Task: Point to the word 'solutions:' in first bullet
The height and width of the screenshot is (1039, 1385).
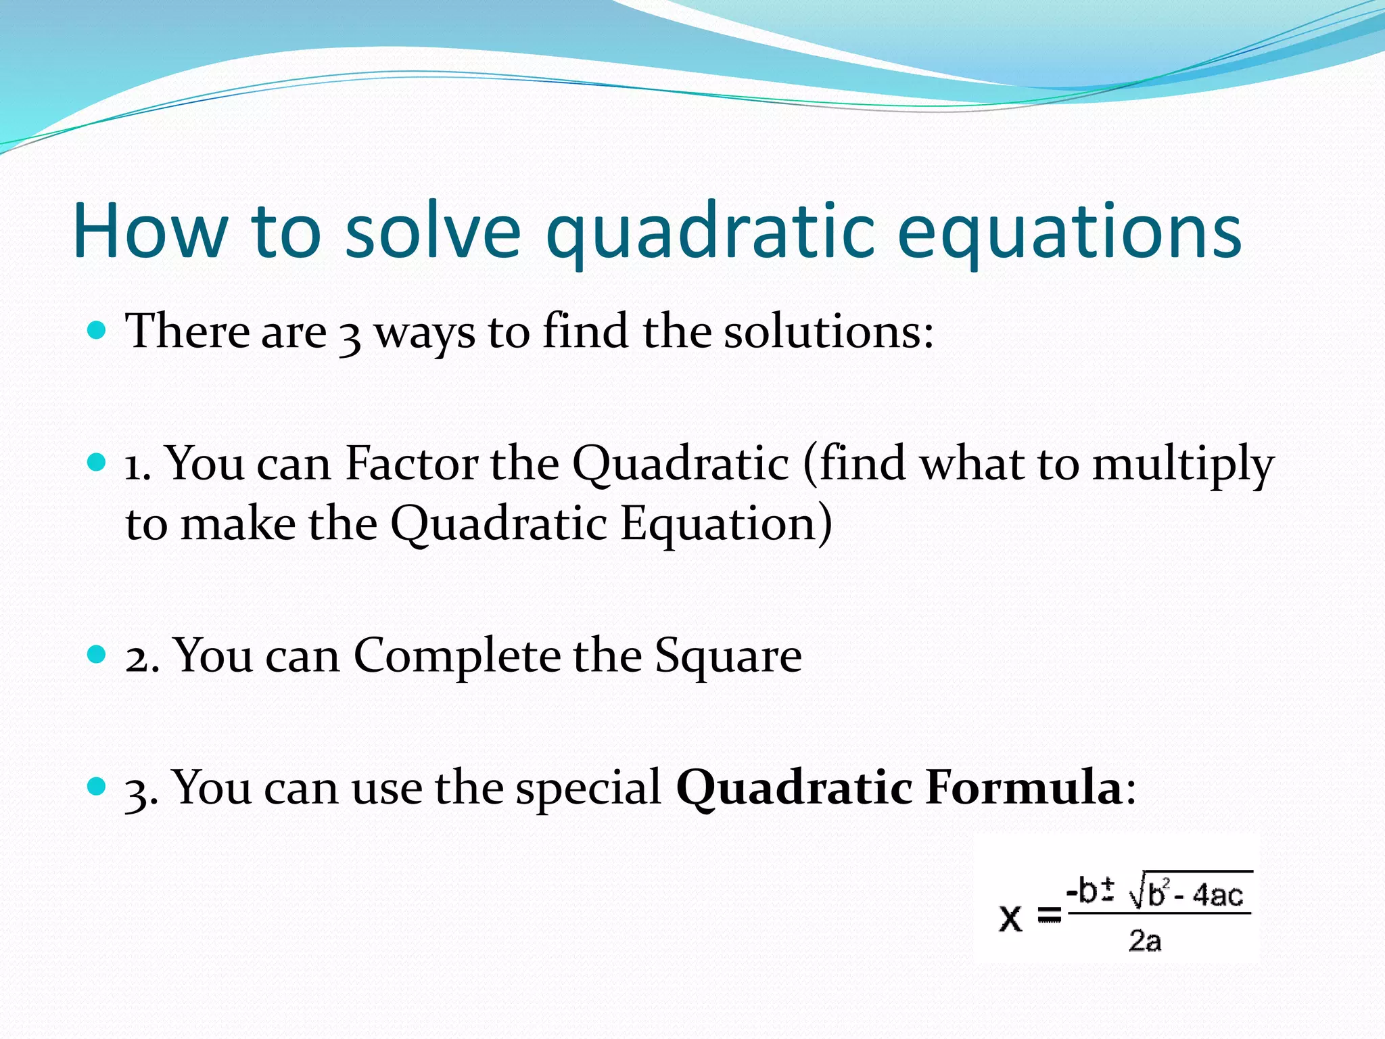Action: click(829, 332)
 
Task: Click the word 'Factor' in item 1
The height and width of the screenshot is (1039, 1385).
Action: click(412, 464)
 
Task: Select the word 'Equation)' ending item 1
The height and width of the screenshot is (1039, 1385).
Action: click(726, 525)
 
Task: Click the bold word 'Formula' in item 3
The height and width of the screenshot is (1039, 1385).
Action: click(1024, 788)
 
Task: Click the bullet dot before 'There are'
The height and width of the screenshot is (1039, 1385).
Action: click(97, 331)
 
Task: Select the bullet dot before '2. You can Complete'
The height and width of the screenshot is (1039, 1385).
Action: click(97, 654)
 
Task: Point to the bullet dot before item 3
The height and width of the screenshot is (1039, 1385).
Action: click(97, 786)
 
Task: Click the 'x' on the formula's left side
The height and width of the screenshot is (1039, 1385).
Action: click(1010, 918)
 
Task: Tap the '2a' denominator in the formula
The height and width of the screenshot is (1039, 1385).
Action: click(1144, 940)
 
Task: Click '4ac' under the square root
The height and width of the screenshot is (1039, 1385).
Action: click(1217, 896)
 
